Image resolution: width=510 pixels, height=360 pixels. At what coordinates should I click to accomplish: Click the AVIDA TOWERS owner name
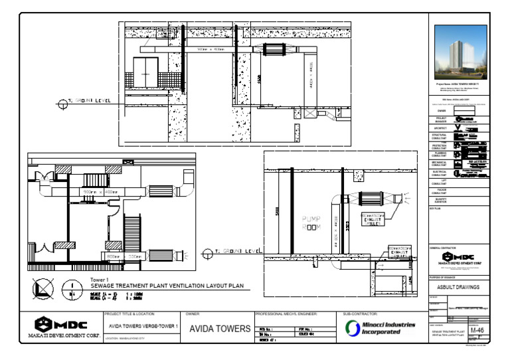pyautogui.click(x=220, y=329)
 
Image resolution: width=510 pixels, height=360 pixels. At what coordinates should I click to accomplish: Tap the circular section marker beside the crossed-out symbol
pyautogui.click(x=72, y=290)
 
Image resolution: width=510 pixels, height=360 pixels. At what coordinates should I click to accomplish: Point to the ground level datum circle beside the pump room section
pyautogui.click(x=209, y=252)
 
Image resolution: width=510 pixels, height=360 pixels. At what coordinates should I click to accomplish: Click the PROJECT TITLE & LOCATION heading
pyautogui.click(x=130, y=313)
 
